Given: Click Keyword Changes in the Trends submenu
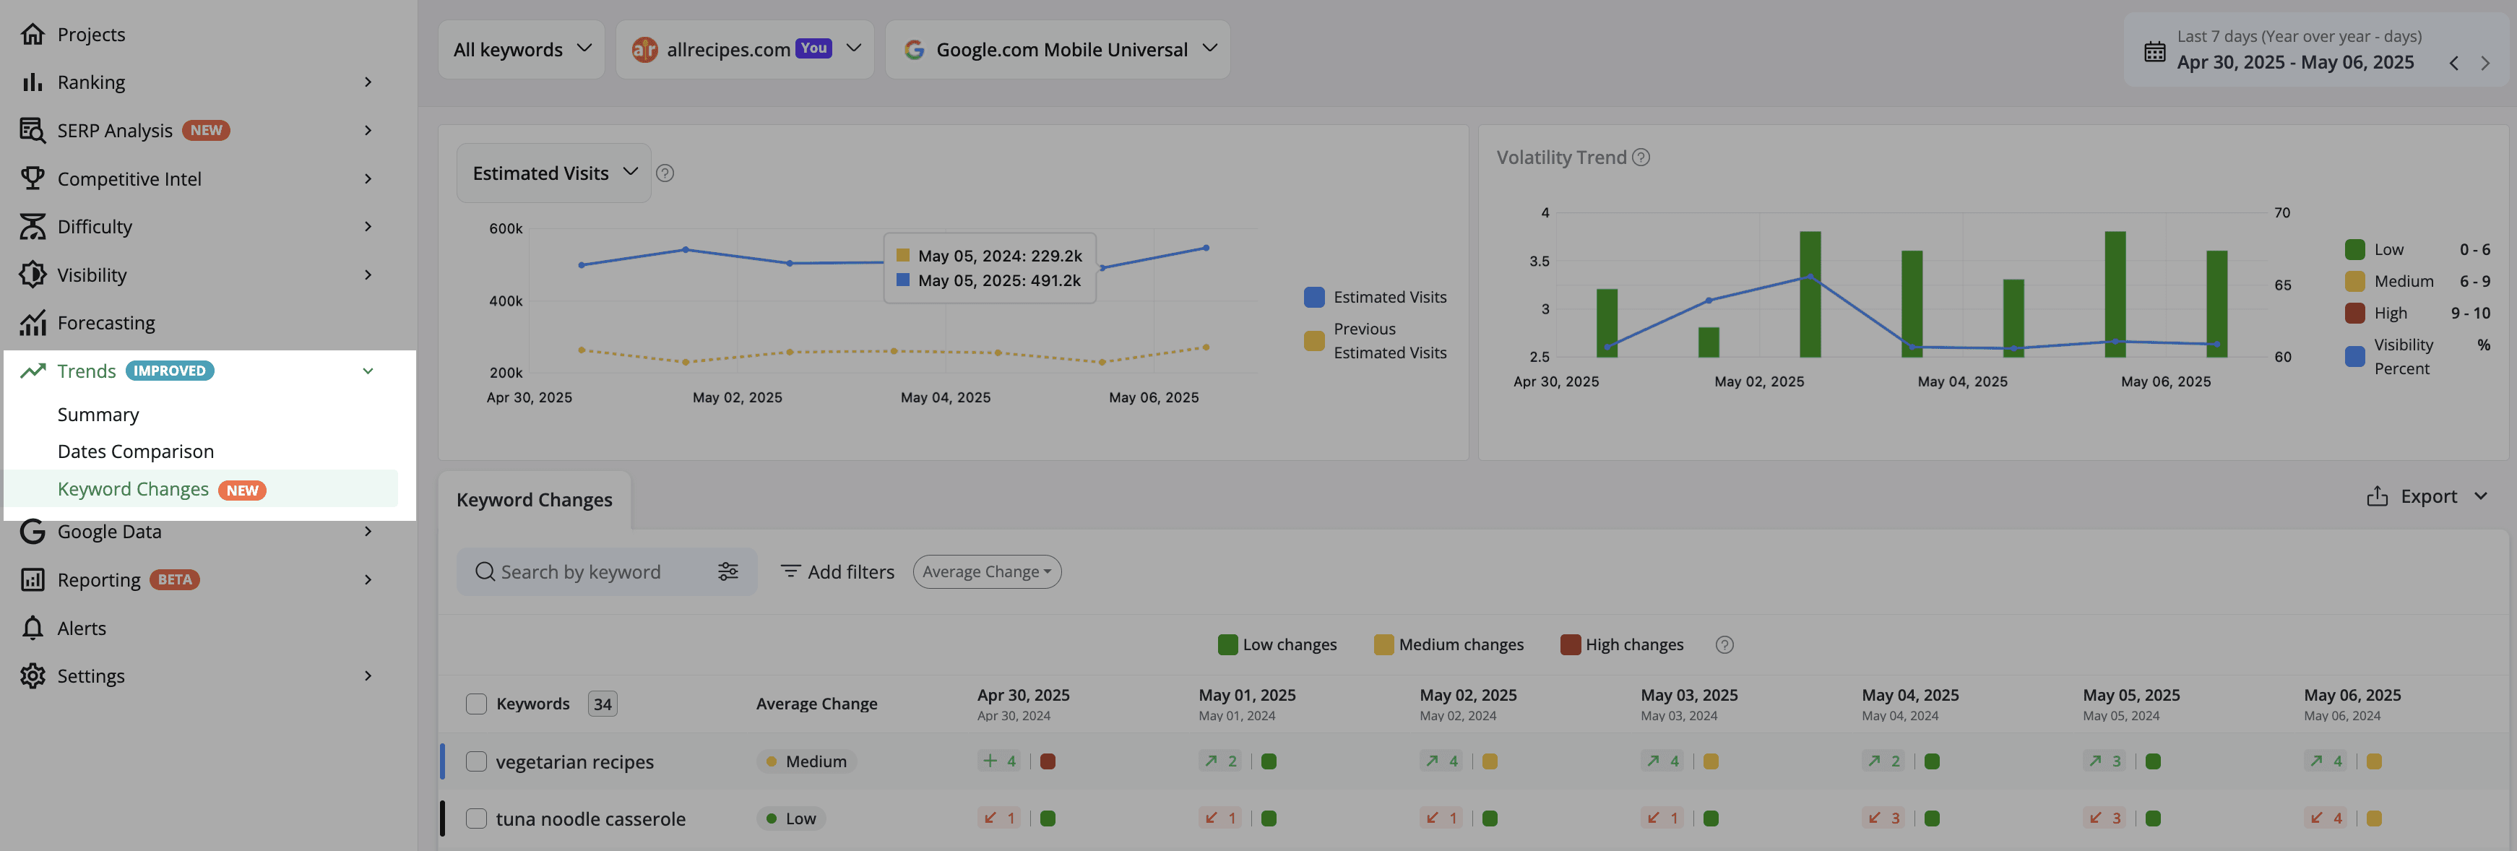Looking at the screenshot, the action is (133, 488).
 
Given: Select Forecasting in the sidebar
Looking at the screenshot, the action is (106, 322).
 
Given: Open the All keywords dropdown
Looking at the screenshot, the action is (522, 49).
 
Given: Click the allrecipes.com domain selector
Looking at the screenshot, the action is (746, 49).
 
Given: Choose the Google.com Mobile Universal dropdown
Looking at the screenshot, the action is (1057, 49).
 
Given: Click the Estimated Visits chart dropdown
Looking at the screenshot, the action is (554, 173).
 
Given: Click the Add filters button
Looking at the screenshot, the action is (838, 571).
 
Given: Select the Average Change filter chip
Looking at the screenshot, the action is (987, 571).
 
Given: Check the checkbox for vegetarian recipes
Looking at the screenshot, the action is (476, 761).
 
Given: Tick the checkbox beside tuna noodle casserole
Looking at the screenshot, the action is (476, 818).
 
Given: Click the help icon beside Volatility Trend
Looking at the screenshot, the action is (1641, 157).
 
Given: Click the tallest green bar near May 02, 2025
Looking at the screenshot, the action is (1810, 294).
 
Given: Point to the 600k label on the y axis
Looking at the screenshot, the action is (506, 228).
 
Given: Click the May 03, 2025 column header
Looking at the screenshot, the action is (1689, 695).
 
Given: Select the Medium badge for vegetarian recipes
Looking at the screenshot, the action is (806, 761).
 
